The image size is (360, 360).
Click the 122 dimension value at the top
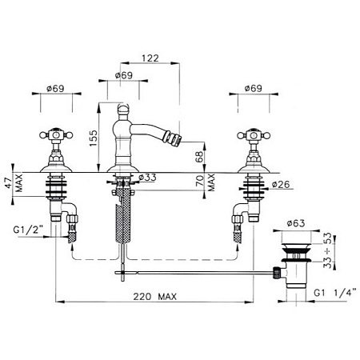pos(150,58)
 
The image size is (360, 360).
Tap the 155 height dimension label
pos(93,138)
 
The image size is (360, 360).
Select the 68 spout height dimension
pos(199,157)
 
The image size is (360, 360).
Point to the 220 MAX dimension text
pos(155,296)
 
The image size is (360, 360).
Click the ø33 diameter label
pos(147,178)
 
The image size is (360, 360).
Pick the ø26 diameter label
pos(281,184)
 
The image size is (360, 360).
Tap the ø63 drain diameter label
pos(296,223)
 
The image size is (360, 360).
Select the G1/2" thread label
pos(29,230)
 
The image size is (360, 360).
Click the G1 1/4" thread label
pos(335,293)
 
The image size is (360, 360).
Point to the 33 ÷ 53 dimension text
pos(328,250)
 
